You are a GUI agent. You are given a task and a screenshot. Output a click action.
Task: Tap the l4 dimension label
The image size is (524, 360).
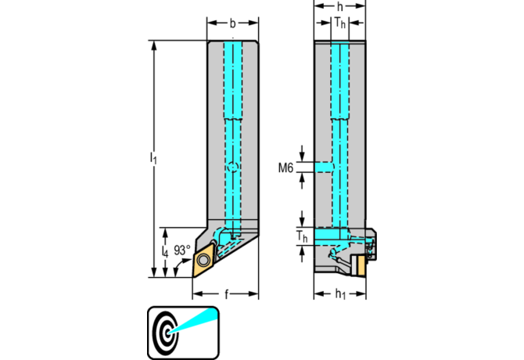164,252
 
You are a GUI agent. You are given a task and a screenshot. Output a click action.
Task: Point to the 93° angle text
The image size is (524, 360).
182,250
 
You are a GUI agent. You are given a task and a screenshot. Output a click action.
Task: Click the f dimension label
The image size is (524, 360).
227,295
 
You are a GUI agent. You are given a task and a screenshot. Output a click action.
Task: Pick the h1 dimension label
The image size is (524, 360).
339,295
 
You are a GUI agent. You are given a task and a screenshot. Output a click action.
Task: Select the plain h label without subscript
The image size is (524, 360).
339,7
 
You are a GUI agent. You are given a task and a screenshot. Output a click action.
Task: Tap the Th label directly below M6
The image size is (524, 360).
301,236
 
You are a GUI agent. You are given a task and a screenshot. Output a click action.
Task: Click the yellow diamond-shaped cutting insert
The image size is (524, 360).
205,257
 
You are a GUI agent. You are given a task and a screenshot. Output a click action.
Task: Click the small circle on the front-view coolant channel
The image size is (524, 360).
232,167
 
